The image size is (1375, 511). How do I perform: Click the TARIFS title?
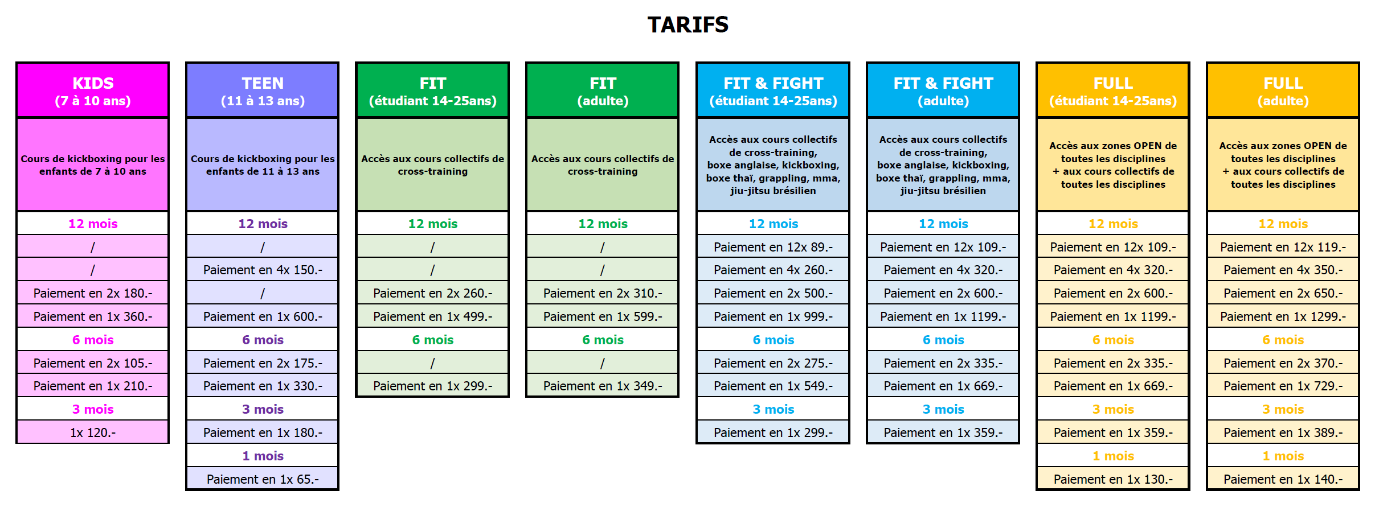[x=688, y=25]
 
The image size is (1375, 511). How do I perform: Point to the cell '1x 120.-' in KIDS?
[x=93, y=432]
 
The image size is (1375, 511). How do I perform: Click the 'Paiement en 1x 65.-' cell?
[x=263, y=479]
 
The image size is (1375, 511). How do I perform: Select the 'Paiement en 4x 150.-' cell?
[x=263, y=270]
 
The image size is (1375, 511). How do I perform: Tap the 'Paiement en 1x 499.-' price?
[x=433, y=316]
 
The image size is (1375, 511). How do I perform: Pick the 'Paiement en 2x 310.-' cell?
[x=603, y=293]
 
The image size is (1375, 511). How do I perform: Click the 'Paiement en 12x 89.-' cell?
[x=773, y=247]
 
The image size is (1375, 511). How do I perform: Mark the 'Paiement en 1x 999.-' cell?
[x=773, y=316]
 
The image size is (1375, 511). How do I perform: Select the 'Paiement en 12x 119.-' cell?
[x=1283, y=247]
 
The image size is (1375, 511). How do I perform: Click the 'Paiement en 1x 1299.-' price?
[x=1283, y=316]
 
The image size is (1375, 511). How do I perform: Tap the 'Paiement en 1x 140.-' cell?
[x=1283, y=479]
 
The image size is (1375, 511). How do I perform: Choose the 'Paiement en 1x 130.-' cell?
[x=1113, y=479]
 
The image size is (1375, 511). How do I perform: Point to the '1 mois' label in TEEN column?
[x=263, y=456]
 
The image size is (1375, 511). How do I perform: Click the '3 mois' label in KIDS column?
[x=93, y=409]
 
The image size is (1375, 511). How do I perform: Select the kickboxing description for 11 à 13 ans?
[x=263, y=165]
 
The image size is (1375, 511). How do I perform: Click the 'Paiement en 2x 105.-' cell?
[x=93, y=363]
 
